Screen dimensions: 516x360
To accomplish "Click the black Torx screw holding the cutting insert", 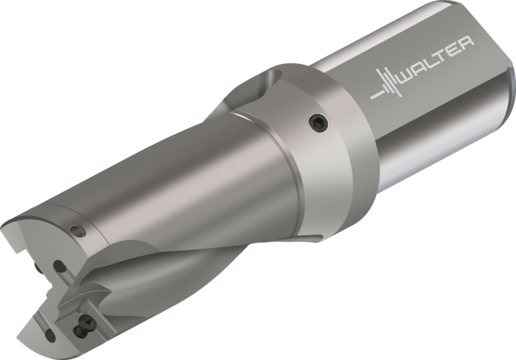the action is click(x=87, y=321).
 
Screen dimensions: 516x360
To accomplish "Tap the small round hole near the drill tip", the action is click(x=78, y=230).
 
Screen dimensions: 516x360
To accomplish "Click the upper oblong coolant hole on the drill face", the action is click(x=59, y=266).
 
